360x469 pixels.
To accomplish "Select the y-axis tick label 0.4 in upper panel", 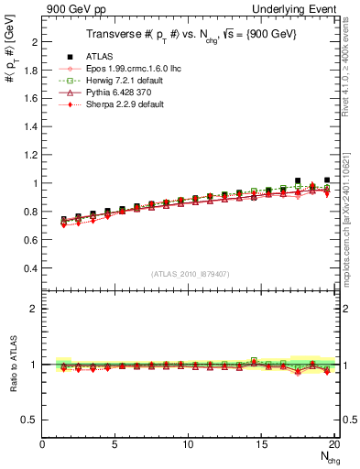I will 29,268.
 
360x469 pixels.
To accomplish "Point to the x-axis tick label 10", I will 189,445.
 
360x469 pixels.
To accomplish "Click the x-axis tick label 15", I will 262,445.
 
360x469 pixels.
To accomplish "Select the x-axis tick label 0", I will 43,445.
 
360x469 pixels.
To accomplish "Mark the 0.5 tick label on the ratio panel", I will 29,420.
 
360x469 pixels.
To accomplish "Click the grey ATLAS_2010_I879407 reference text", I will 191,274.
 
